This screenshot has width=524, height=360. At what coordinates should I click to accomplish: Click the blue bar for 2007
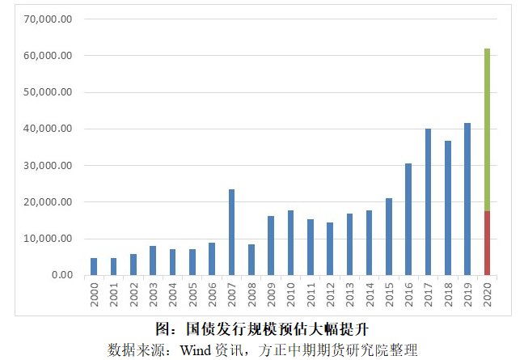tap(232, 232)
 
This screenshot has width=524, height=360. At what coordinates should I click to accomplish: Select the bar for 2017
tap(428, 202)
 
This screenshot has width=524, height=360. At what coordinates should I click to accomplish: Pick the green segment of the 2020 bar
tap(487, 129)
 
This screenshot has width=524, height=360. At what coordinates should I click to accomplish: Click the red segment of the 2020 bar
tap(487, 243)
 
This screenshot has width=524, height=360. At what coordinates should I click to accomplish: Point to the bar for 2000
tap(94, 266)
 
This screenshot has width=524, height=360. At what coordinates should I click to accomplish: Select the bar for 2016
tap(408, 219)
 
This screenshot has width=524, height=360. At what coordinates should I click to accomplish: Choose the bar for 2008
tap(251, 259)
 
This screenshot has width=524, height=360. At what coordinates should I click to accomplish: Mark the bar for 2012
tap(330, 248)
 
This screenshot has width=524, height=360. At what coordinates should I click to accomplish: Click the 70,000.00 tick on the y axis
tap(51, 19)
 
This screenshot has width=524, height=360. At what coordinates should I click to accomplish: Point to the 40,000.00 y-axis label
tap(51, 129)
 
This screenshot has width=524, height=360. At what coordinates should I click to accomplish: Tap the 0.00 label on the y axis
tap(62, 275)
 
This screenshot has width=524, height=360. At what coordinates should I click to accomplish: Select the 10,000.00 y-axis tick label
tap(51, 239)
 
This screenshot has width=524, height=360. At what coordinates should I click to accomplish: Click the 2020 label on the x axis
tap(487, 294)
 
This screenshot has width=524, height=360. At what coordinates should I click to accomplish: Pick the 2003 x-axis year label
tap(153, 294)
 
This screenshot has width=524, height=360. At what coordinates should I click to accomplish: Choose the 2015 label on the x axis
tap(389, 294)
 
